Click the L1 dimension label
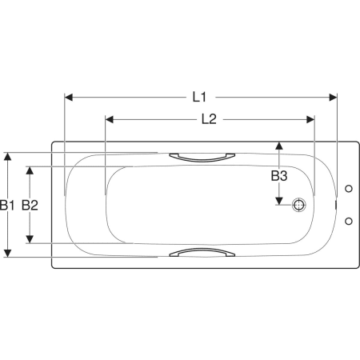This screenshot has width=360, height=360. pyautogui.click(x=199, y=97)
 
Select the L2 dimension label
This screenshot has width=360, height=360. pyautogui.click(x=209, y=119)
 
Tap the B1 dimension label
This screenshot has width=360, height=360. pyautogui.click(x=7, y=205)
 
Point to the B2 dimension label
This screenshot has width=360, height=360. pyautogui.click(x=30, y=205)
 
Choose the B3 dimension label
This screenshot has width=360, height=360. pyautogui.click(x=279, y=176)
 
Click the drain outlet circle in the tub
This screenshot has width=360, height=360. pyautogui.click(x=298, y=205)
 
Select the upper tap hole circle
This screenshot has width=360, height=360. pyautogui.click(x=349, y=189)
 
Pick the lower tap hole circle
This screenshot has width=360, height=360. pyautogui.click(x=349, y=221)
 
